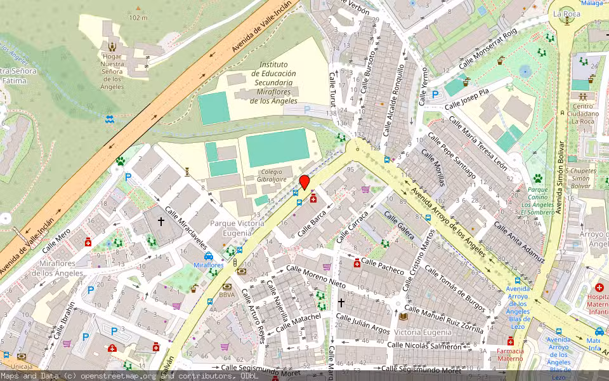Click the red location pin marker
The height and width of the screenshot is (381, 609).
pos(304,182)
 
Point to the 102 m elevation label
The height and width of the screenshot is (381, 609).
pos(138,17)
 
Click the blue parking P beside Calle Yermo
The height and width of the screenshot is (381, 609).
pos(435,95)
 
